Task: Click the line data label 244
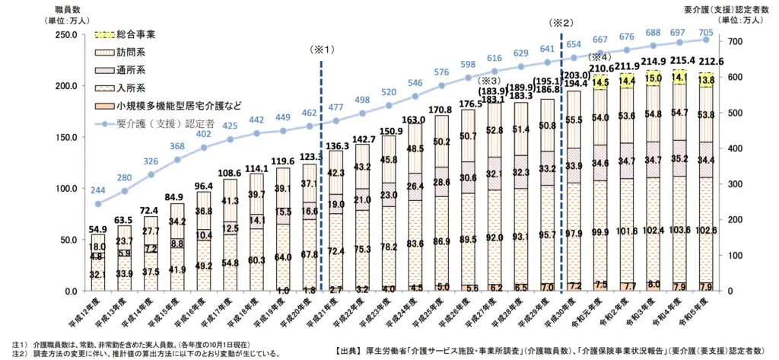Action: (97, 190)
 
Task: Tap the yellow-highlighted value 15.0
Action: (653, 78)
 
